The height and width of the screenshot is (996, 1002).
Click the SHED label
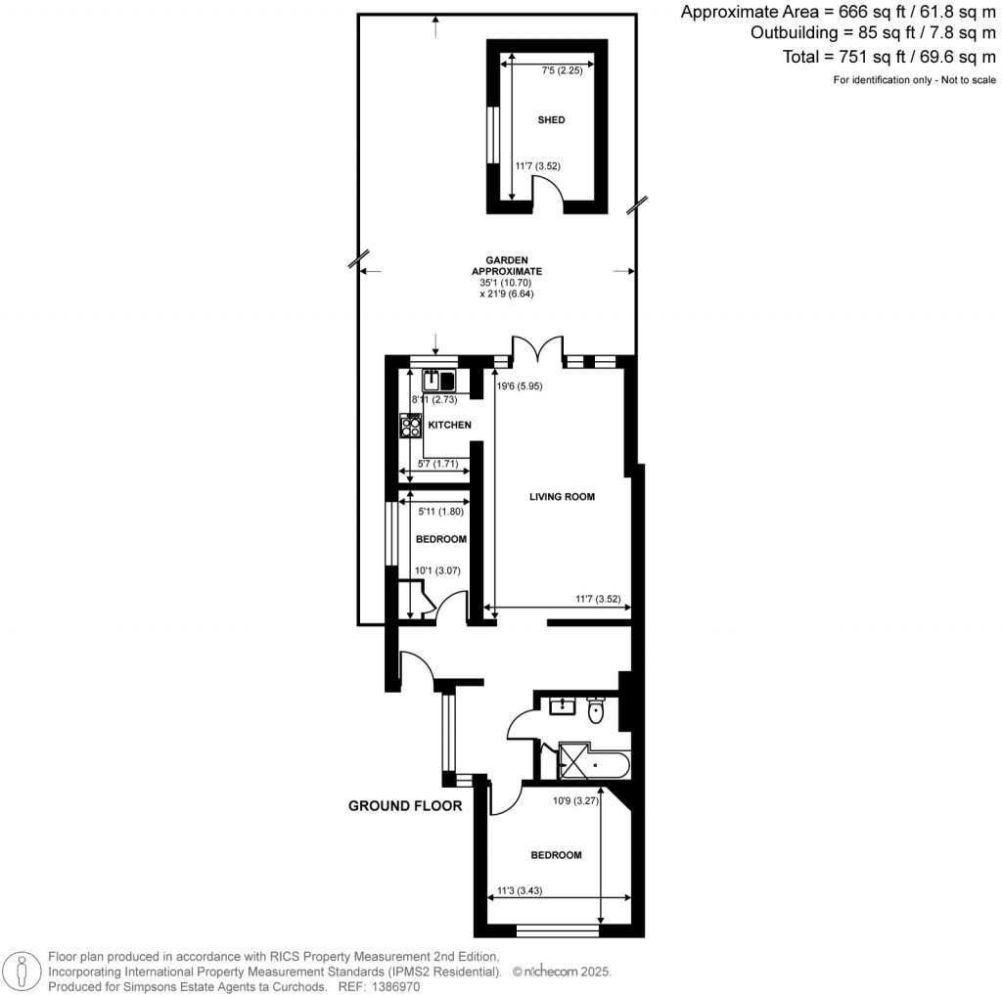(x=551, y=120)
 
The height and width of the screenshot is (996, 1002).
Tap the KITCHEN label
(x=449, y=425)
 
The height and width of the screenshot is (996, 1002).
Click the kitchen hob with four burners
(x=411, y=426)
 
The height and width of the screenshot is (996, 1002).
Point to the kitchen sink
(x=439, y=381)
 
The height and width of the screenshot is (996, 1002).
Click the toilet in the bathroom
(x=596, y=712)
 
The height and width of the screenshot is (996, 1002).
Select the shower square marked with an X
(x=576, y=760)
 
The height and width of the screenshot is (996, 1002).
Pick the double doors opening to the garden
(x=537, y=350)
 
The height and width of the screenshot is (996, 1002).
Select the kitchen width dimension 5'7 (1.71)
(x=437, y=464)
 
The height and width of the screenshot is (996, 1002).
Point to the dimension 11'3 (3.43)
(x=520, y=890)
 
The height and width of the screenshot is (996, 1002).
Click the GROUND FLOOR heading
(x=405, y=807)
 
